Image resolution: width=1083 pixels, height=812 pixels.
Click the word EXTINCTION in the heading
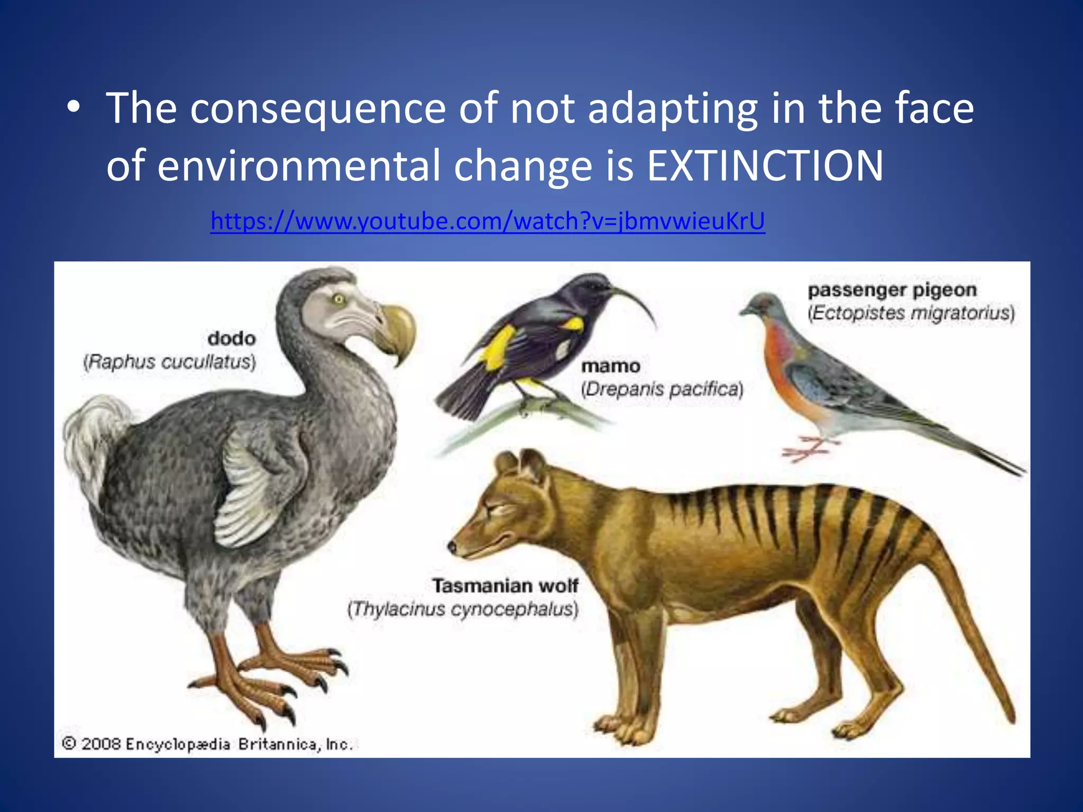(x=765, y=166)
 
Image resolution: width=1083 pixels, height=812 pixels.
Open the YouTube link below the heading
(x=488, y=221)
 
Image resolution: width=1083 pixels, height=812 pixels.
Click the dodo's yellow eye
(x=338, y=300)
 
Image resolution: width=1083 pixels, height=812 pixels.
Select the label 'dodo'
(x=232, y=338)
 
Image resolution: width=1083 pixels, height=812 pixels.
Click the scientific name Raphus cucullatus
(x=170, y=362)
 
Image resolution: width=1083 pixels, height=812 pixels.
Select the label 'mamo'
(x=611, y=366)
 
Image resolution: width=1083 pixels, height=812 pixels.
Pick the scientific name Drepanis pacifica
(x=662, y=390)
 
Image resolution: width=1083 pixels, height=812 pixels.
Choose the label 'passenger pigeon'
(x=892, y=290)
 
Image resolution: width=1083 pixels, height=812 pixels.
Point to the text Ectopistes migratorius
(x=911, y=313)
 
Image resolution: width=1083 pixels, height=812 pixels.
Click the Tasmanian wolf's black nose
(x=452, y=547)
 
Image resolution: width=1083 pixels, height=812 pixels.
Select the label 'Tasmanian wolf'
(x=505, y=586)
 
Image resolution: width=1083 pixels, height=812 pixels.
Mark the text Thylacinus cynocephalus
(x=463, y=610)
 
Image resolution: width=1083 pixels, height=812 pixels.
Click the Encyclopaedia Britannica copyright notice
(x=207, y=744)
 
